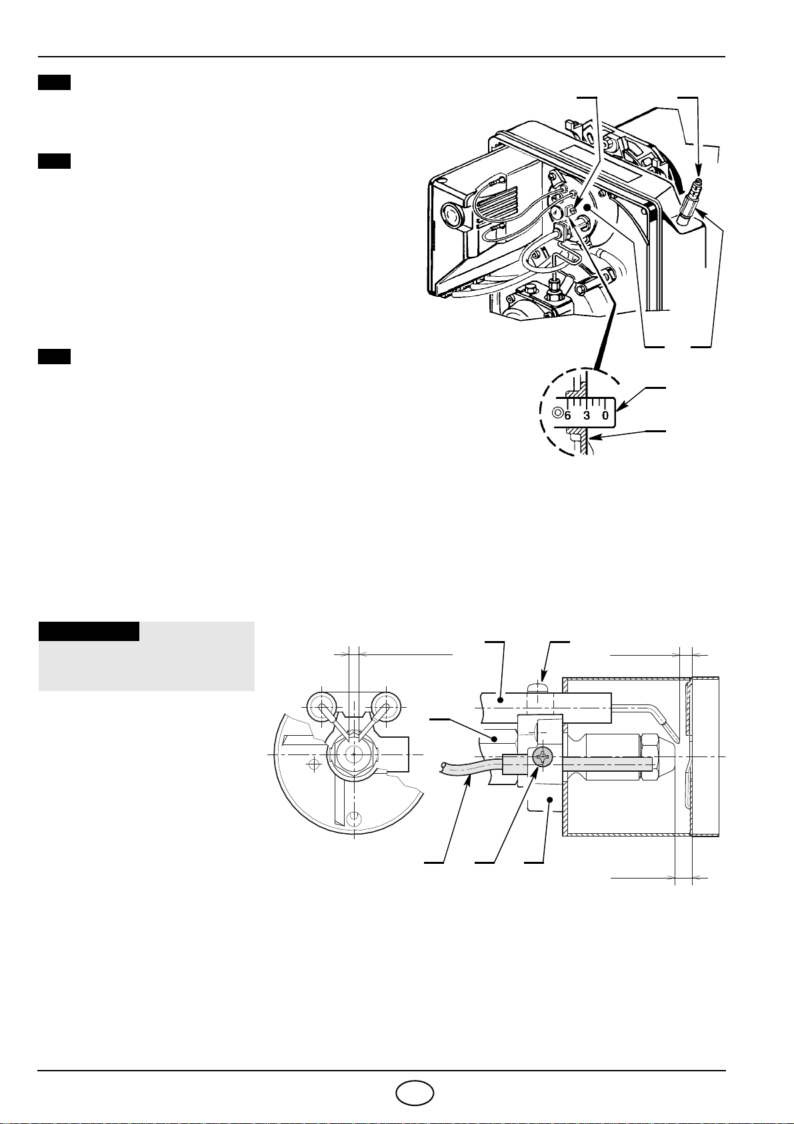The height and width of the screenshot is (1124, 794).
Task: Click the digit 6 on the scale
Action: (567, 415)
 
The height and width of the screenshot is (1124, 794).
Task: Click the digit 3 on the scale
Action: (587, 415)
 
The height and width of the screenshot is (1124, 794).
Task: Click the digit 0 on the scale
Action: (605, 415)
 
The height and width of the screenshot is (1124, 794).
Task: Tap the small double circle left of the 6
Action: (557, 413)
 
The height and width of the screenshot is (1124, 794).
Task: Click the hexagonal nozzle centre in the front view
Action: (353, 754)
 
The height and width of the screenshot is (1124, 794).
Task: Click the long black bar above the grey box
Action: (89, 631)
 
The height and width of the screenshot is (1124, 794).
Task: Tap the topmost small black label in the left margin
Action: (54, 83)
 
